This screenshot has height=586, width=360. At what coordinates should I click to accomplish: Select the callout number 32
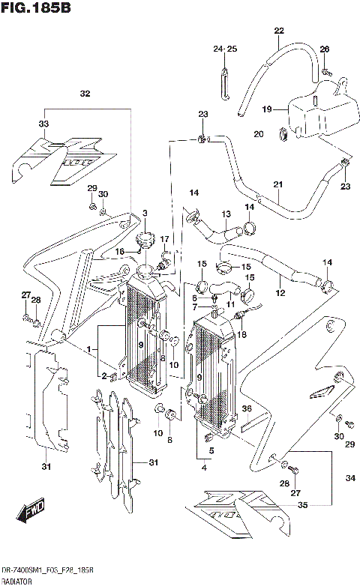coord(85,94)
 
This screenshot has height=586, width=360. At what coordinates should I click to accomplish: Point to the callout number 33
coord(43,124)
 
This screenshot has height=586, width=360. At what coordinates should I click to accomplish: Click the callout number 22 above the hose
coord(279,31)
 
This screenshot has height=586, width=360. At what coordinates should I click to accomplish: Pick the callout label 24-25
coord(224,49)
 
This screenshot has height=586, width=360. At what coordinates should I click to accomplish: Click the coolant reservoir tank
coord(319,111)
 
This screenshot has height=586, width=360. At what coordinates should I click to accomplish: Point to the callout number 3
coord(145,212)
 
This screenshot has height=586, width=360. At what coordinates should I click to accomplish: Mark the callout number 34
coord(349,478)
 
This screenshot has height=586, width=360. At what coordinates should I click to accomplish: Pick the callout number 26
coord(325,49)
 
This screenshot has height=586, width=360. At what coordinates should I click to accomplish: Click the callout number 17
coord(166,239)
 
